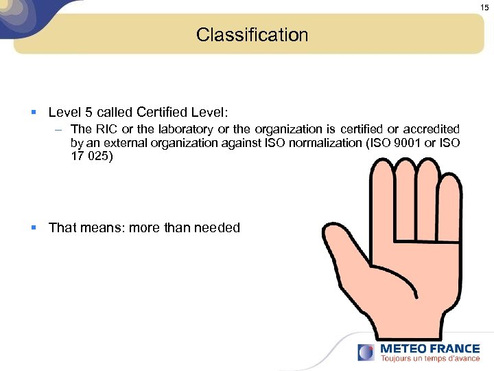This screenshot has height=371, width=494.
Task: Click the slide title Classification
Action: pyautogui.click(x=252, y=34)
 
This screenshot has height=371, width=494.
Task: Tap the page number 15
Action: pyautogui.click(x=484, y=7)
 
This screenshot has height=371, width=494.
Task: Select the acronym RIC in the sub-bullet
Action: pyautogui.click(x=103, y=128)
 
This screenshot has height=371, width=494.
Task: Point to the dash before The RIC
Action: pyautogui.click(x=60, y=129)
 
